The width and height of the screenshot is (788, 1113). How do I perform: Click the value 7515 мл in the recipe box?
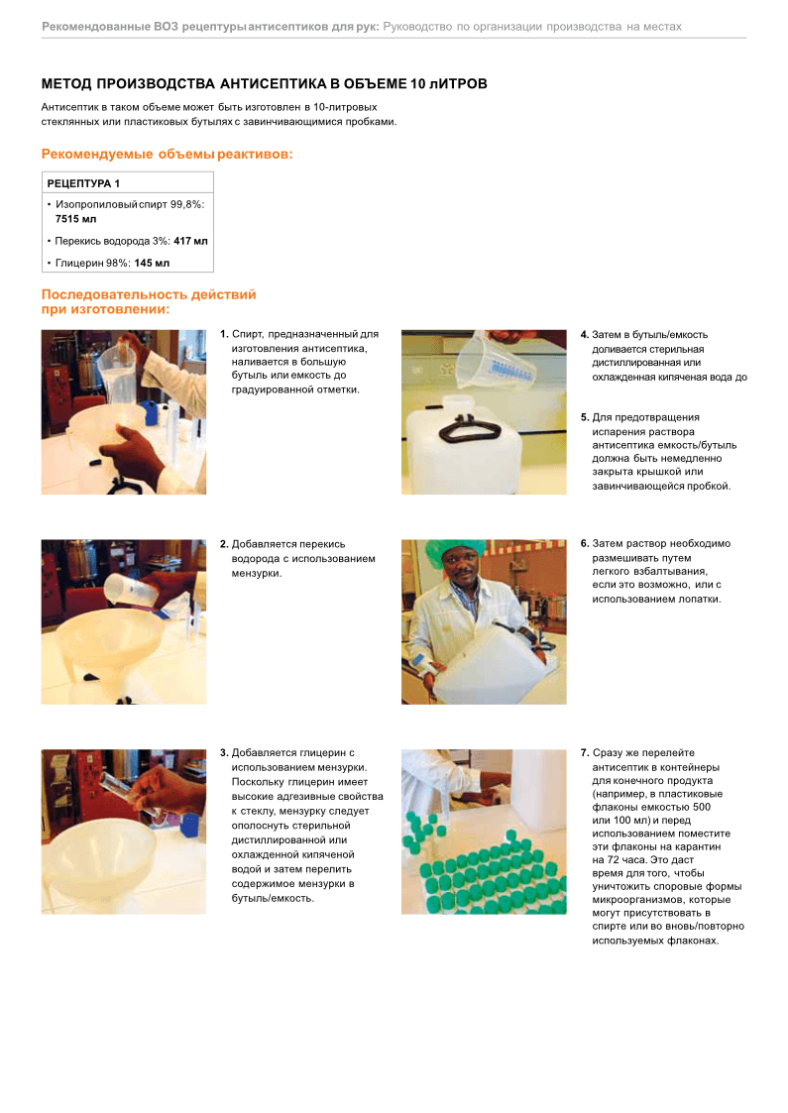tap(76, 219)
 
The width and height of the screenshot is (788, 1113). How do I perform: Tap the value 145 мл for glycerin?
tap(152, 263)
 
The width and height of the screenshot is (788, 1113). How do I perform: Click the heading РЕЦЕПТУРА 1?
tap(83, 183)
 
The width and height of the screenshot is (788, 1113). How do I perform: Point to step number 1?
tap(224, 334)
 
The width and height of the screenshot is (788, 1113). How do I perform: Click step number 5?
tap(585, 417)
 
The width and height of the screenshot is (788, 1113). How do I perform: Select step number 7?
tap(585, 752)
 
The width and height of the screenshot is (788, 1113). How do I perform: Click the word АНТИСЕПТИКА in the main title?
tap(273, 84)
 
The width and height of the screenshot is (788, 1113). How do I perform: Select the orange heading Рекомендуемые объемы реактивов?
tap(167, 154)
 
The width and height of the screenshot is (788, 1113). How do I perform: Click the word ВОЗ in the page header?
tap(167, 26)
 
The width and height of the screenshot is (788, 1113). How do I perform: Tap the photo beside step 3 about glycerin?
tap(124, 832)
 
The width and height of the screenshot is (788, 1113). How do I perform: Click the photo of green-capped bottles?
tap(484, 832)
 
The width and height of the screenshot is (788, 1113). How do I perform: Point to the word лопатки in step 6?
tap(701, 599)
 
